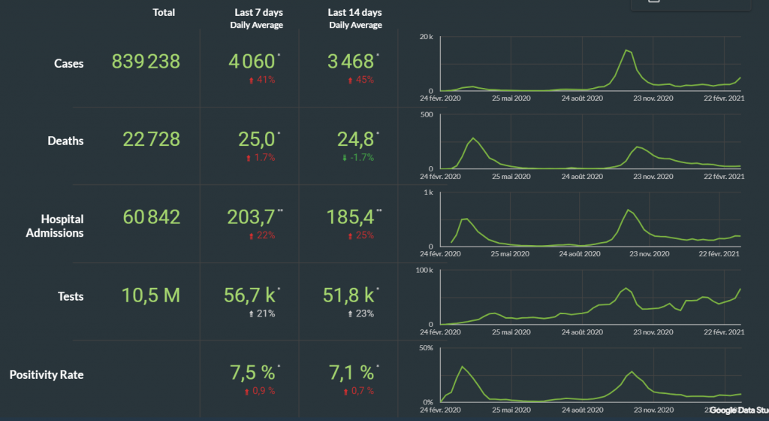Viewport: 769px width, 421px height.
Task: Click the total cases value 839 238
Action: [x=146, y=62]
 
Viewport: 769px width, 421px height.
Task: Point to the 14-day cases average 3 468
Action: [x=351, y=62]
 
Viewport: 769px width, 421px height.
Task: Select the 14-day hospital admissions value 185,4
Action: [x=351, y=217]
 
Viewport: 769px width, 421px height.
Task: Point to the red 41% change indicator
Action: [x=262, y=80]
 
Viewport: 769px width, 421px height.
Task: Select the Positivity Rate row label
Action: [x=47, y=374]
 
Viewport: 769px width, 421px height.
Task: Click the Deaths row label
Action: [x=65, y=141]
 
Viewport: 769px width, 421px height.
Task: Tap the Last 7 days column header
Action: [x=256, y=13]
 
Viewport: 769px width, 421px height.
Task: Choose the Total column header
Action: [x=164, y=13]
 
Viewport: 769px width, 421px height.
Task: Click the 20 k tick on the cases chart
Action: [x=427, y=37]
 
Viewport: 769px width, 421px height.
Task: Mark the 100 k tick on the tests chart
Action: [x=424, y=270]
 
